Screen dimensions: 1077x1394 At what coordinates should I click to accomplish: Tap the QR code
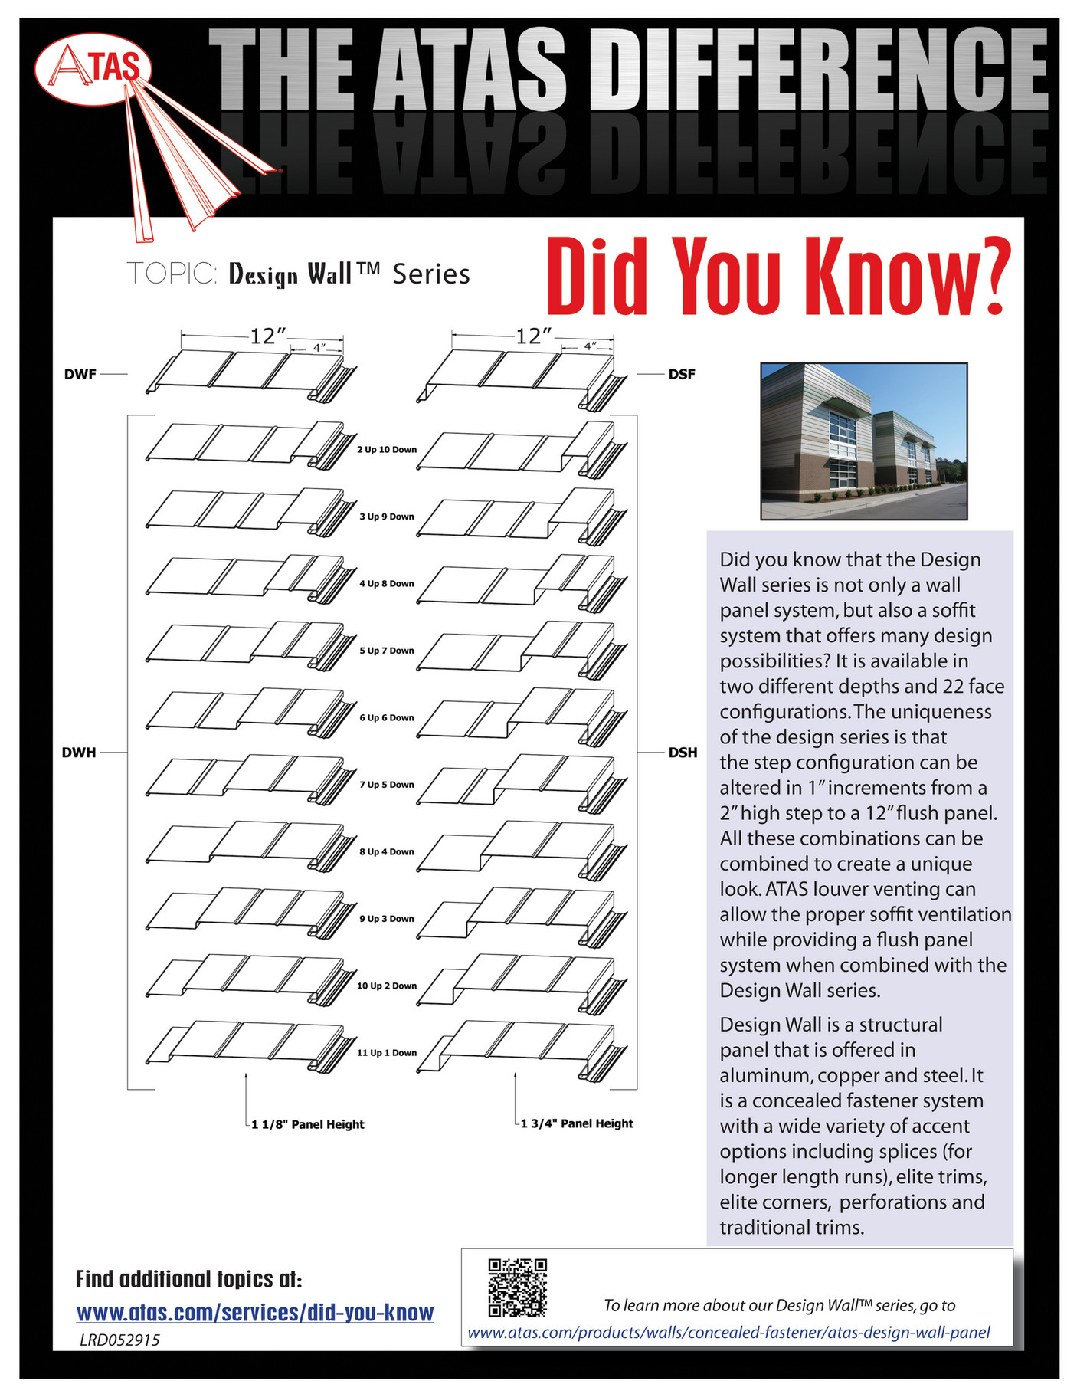point(517,1287)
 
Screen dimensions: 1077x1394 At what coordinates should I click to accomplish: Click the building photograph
point(863,441)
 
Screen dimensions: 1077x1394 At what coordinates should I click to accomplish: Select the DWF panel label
point(80,375)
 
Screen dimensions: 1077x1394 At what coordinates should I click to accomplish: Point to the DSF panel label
point(682,375)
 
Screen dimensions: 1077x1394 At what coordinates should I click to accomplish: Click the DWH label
point(79,753)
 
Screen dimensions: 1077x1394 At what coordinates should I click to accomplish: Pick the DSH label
point(683,753)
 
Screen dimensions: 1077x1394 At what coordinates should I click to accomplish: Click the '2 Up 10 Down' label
point(387,450)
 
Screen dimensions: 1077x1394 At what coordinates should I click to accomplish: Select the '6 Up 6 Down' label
point(387,718)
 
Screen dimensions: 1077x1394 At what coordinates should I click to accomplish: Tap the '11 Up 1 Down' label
point(387,1053)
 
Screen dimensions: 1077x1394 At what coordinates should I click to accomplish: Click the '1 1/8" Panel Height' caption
point(307,1124)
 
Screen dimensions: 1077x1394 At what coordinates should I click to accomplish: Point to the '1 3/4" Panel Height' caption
point(577,1123)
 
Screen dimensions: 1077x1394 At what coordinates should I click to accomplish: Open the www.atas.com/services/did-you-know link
point(255,1313)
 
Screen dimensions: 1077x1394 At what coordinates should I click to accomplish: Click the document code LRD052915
point(119,1340)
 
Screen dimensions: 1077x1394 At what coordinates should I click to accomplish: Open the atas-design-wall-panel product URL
point(728,1333)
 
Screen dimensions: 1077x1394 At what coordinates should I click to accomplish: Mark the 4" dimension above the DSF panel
point(589,346)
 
